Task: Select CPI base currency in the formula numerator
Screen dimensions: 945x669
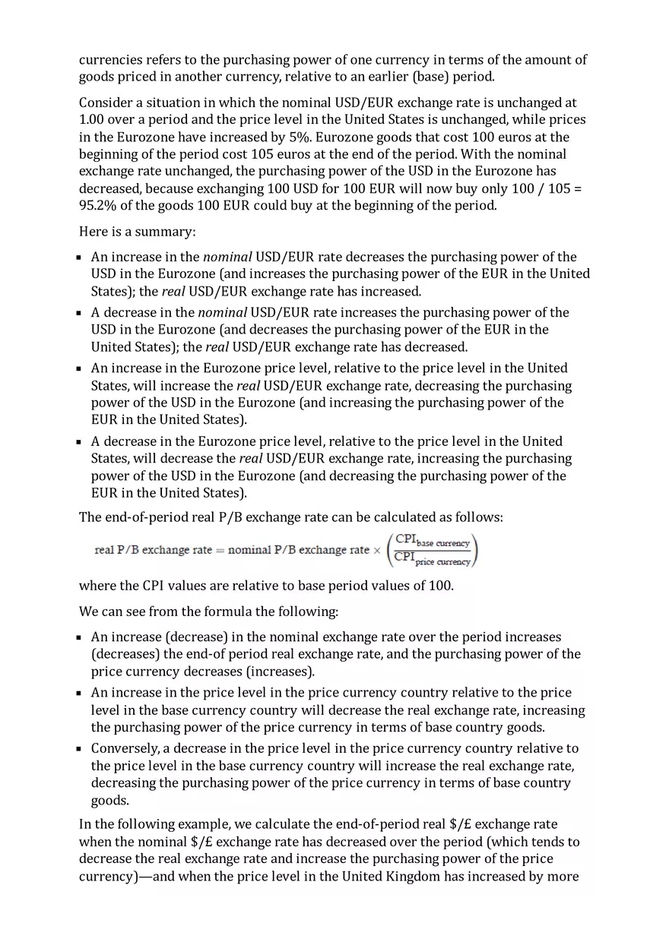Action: [433, 541]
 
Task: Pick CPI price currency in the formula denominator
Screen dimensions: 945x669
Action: [433, 560]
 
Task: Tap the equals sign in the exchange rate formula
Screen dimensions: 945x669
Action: [220, 550]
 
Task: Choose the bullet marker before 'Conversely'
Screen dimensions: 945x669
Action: [80, 749]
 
